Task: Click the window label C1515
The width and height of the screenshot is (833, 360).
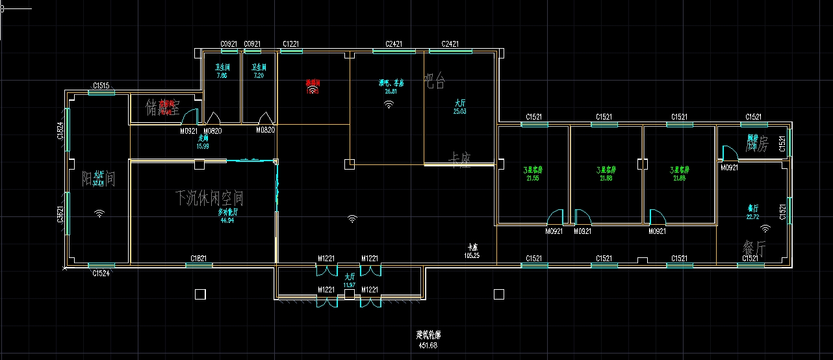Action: pos(101,85)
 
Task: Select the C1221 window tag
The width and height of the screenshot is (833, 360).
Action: pos(290,44)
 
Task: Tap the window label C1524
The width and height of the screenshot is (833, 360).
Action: pos(101,273)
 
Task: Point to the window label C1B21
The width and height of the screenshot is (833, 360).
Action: pos(198,259)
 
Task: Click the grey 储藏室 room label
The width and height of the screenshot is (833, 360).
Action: pos(162,107)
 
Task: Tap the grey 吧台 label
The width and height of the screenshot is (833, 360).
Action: pos(435,81)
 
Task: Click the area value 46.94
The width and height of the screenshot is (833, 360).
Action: pos(227,221)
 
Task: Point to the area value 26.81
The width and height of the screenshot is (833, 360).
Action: pos(391,92)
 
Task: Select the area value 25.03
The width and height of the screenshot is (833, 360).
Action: pos(459,112)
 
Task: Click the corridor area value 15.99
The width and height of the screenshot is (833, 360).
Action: pos(203,146)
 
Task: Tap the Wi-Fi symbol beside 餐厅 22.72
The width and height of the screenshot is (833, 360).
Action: pos(765,228)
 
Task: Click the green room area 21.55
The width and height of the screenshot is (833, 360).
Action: pos(533,178)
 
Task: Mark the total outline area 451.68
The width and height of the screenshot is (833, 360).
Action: pos(428,345)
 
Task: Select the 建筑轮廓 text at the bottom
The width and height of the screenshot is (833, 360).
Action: pos(428,336)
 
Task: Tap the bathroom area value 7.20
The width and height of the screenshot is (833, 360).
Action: pos(259,75)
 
